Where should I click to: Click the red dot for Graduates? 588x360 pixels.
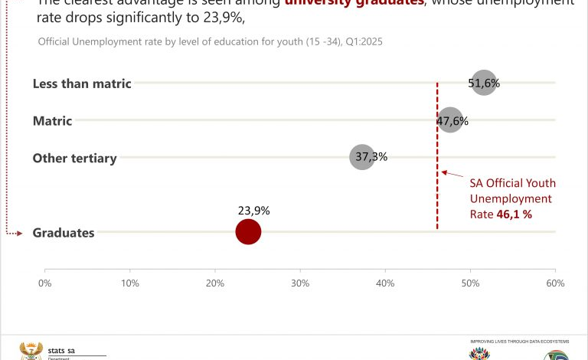[248, 231]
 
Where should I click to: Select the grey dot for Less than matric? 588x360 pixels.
[483, 83]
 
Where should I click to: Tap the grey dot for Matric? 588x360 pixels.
[451, 120]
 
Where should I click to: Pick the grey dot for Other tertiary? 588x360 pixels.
[362, 157]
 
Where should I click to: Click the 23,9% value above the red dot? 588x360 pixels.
[253, 211]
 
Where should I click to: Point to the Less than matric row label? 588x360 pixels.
[82, 83]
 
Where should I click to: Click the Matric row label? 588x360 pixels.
[52, 121]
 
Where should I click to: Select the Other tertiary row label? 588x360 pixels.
[74, 159]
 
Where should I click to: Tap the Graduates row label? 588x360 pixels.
[64, 233]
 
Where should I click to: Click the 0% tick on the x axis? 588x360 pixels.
[44, 283]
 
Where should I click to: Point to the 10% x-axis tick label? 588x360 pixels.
[130, 283]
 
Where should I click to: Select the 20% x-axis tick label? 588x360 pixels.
[215, 283]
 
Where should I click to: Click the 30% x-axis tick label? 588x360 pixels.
[300, 283]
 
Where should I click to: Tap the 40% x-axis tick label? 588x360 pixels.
[385, 283]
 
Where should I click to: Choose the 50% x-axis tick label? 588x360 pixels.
[470, 283]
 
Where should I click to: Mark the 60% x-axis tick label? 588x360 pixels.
[555, 283]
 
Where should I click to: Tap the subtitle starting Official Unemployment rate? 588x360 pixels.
[210, 41]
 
